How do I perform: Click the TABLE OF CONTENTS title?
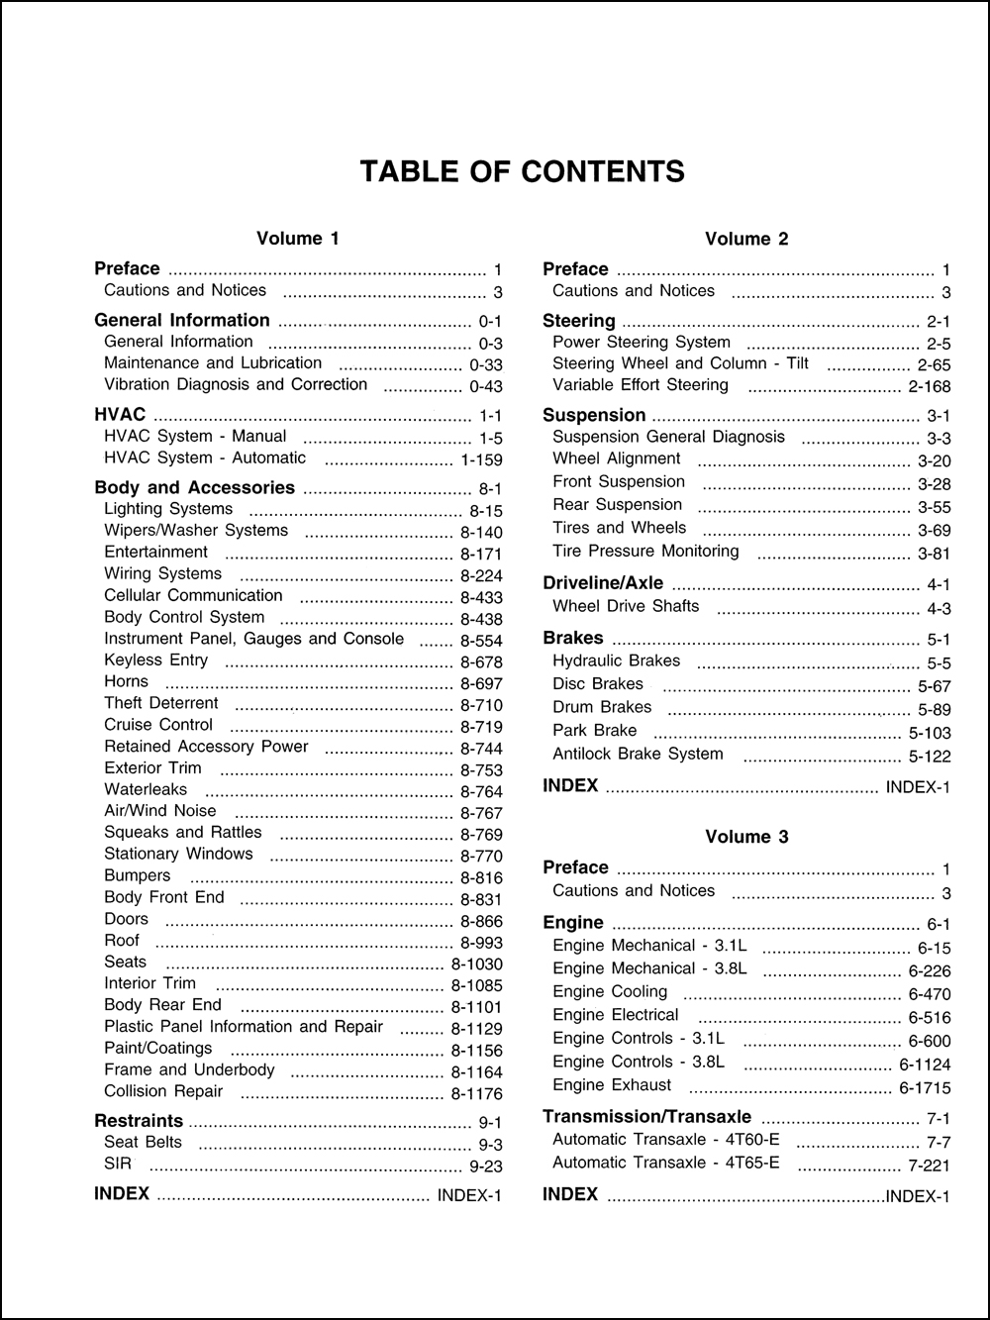[522, 171]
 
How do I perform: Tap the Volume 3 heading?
[746, 837]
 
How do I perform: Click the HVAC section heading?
[120, 415]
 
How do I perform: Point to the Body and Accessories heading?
[194, 487]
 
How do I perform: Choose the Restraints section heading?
[139, 1121]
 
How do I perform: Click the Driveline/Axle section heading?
[603, 583]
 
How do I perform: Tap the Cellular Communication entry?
[193, 595]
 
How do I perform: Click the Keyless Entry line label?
[156, 660]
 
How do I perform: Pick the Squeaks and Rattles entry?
[183, 832]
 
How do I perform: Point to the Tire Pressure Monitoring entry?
[645, 551]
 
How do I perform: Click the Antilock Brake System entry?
[638, 754]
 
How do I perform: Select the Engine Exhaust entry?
[612, 1084]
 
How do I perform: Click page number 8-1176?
[476, 1094]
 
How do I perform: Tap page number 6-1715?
[924, 1088]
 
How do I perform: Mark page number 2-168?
[929, 387]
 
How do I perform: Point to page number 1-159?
[481, 459]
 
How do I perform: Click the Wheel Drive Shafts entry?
[626, 606]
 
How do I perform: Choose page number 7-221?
[929, 1166]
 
